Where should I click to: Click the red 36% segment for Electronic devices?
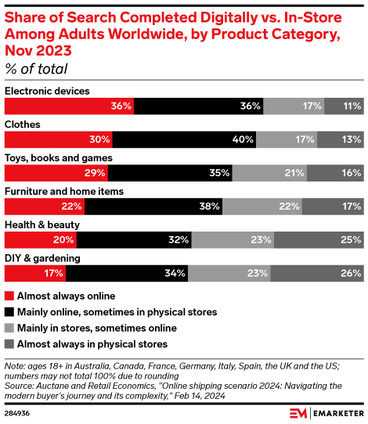[69, 106]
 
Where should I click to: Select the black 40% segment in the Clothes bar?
[184, 139]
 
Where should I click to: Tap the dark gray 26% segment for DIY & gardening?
[316, 273]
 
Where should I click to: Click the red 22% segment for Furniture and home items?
[45, 207]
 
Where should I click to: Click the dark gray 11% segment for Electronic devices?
[344, 106]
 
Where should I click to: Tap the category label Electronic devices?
[47, 92]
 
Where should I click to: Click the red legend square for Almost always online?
[9, 296]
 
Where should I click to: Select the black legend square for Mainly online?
[9, 312]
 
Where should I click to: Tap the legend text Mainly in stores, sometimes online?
[96, 328]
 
